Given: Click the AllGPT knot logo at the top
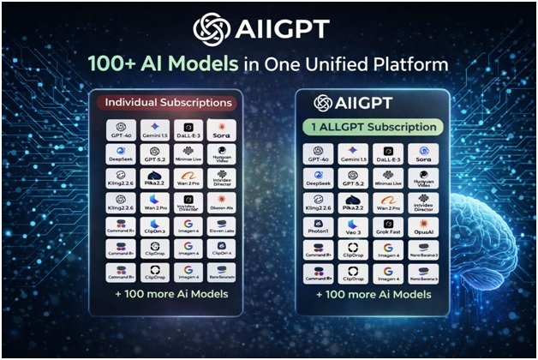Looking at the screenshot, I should pyautogui.click(x=212, y=28).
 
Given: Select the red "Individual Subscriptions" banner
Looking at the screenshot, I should pyautogui.click(x=166, y=103).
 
